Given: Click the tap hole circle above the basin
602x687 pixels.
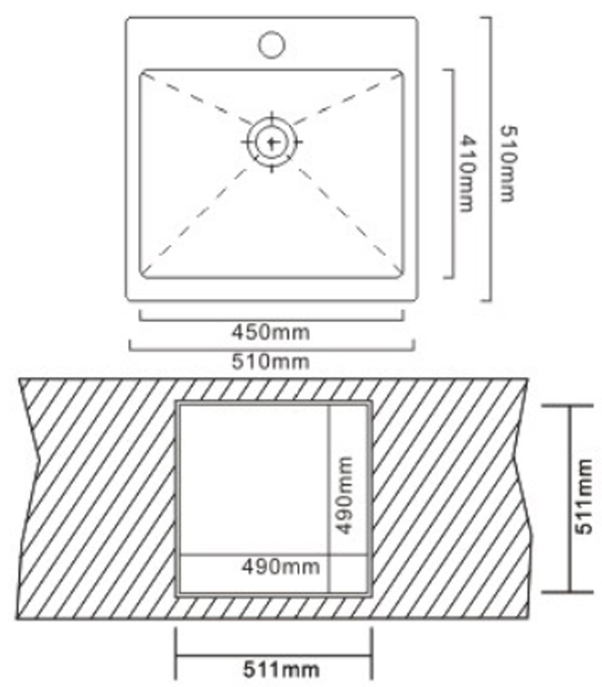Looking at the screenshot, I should point(272,42).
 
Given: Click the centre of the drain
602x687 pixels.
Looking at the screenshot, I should point(271,142).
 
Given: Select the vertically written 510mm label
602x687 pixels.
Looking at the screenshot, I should point(507,163).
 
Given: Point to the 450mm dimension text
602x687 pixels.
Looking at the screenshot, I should point(271,331).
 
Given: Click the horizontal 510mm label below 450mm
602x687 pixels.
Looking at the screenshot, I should point(271,361).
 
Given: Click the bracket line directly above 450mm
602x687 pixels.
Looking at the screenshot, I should point(271,319).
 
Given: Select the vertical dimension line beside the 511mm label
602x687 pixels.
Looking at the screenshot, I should point(569,499).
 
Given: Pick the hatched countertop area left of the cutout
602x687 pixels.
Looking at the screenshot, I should point(94,498).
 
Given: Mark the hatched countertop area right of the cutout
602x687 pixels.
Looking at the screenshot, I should point(447,498).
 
